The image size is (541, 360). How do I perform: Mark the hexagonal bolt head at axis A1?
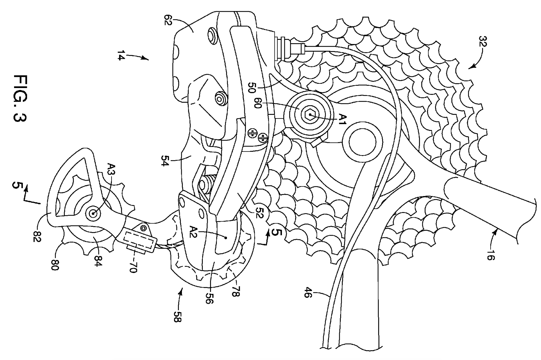[x=310, y=115]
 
